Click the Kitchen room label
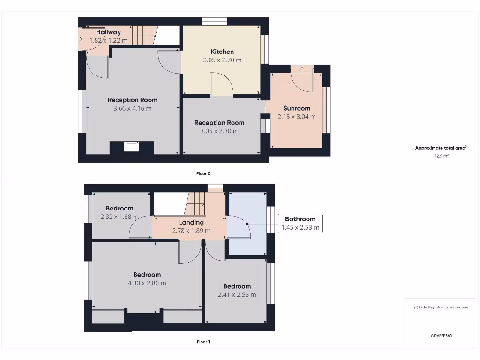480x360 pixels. [222, 52]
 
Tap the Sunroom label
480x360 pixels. [297, 108]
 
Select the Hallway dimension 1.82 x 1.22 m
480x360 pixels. [109, 41]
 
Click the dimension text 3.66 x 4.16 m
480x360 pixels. [132, 108]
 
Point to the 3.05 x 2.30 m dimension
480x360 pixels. [219, 131]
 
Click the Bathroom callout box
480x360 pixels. [300, 223]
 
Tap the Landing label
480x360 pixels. [191, 222]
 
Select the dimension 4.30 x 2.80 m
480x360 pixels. [147, 283]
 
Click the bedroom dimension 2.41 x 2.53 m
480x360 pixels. [237, 295]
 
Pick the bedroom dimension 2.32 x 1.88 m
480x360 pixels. [120, 217]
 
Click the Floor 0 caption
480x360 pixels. [203, 173]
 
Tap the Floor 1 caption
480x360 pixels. [203, 342]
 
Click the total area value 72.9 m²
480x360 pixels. [441, 156]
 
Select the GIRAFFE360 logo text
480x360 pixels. [441, 336]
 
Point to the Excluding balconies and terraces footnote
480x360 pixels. [441, 307]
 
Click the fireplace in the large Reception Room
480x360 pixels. [132, 147]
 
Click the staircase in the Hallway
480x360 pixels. [143, 35]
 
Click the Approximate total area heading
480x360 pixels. [441, 148]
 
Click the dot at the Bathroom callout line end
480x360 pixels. [247, 224]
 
